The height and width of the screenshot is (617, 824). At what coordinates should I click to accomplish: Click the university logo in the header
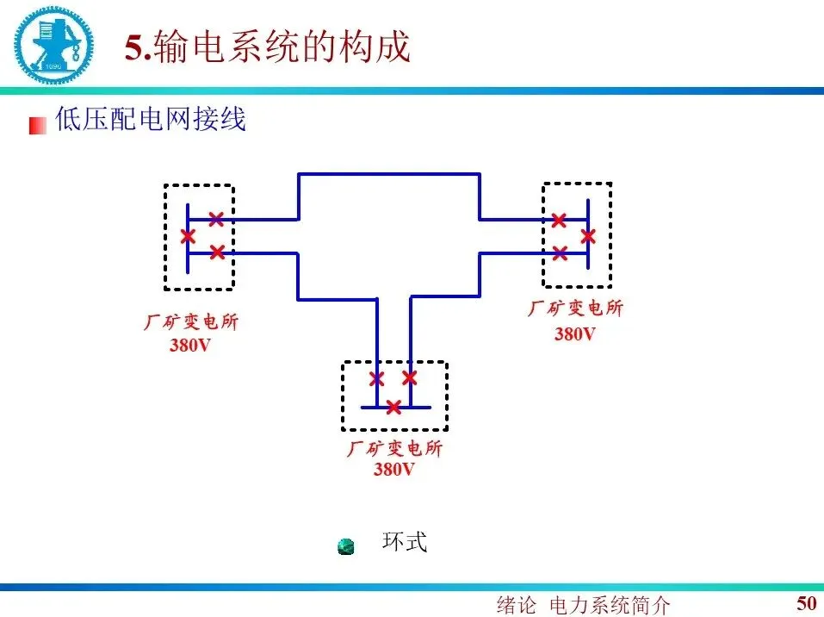pyautogui.click(x=51, y=44)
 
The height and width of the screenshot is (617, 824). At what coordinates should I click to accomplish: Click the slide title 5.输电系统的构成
pyautogui.click(x=268, y=47)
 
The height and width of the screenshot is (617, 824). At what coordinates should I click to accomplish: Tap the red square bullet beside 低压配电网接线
pyautogui.click(x=37, y=125)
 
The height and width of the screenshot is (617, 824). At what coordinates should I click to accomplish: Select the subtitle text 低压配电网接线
pyautogui.click(x=151, y=119)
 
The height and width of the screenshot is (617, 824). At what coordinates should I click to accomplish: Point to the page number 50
pyautogui.click(x=806, y=602)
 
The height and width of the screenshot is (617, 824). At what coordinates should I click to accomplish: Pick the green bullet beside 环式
pyautogui.click(x=346, y=546)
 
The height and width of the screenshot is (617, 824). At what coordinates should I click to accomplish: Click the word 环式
pyautogui.click(x=404, y=542)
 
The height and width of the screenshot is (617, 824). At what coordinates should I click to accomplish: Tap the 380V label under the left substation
pyautogui.click(x=190, y=346)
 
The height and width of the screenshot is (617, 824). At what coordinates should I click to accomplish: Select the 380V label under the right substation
pyautogui.click(x=574, y=333)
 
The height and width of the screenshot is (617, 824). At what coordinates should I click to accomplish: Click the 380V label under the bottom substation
pyautogui.click(x=393, y=470)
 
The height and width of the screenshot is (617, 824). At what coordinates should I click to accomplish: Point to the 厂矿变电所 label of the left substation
pyautogui.click(x=190, y=322)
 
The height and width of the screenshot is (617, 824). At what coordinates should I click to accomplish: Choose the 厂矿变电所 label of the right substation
pyautogui.click(x=574, y=308)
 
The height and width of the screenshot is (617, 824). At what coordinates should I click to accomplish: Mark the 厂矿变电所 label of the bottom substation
pyautogui.click(x=394, y=449)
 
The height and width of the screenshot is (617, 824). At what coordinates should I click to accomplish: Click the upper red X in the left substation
pyautogui.click(x=217, y=219)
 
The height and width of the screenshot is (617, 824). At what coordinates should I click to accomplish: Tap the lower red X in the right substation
pyautogui.click(x=560, y=252)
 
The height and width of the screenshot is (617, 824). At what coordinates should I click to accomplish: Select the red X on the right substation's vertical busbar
pyautogui.click(x=588, y=235)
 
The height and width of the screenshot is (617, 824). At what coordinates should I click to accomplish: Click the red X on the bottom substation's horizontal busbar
pyautogui.click(x=393, y=407)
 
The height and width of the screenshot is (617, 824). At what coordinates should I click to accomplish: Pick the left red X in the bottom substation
pyautogui.click(x=376, y=378)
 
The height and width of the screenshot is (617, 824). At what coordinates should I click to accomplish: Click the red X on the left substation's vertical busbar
pyautogui.click(x=188, y=236)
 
